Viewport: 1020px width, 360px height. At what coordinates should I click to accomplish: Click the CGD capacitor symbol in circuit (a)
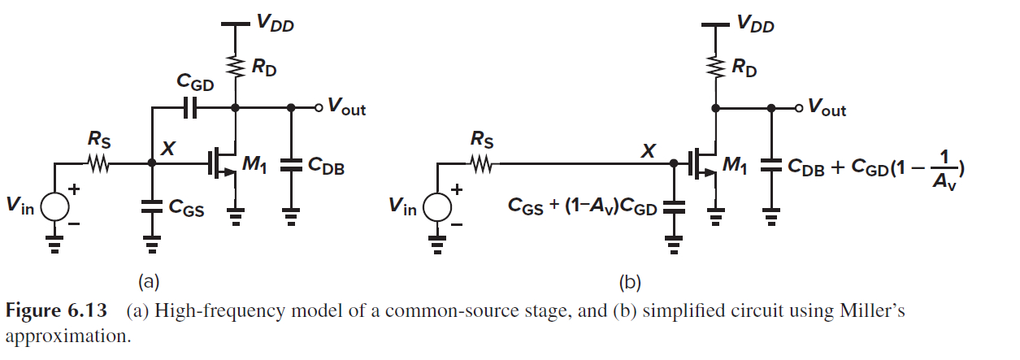tap(192, 107)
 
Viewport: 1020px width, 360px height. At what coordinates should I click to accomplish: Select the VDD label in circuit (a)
tap(275, 24)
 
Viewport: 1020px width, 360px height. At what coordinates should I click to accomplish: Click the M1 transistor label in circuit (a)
tap(254, 166)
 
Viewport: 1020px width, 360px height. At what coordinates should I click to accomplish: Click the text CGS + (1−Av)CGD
tap(582, 206)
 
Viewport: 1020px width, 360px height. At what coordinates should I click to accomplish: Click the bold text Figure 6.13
tap(54, 311)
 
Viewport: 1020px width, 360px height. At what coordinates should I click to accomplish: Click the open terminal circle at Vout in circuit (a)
tap(319, 107)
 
